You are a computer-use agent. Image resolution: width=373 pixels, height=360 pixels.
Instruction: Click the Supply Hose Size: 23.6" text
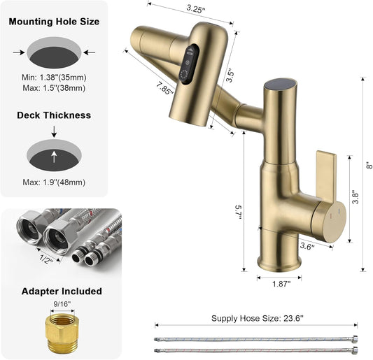pyautogui.click(x=257, y=318)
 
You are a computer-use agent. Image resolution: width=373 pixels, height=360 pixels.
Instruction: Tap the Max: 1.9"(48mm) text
pyautogui.click(x=55, y=182)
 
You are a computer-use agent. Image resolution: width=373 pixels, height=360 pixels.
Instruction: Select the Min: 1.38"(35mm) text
pyautogui.click(x=55, y=76)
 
